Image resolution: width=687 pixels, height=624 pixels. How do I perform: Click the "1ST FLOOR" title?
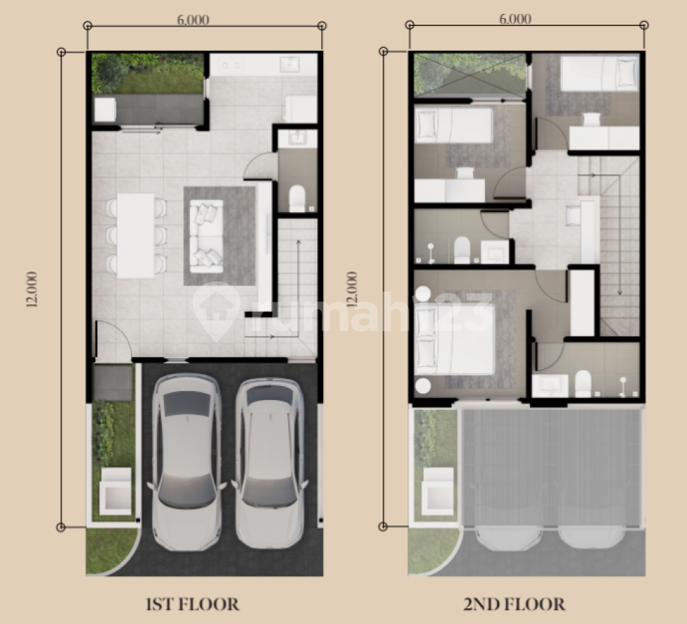[192, 604]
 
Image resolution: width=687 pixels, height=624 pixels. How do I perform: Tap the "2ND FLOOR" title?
[515, 604]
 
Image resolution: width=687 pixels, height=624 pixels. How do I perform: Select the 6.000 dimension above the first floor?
[193, 20]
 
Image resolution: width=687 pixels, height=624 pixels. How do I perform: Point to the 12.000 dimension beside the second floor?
[352, 288]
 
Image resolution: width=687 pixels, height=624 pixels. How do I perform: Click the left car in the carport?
[186, 462]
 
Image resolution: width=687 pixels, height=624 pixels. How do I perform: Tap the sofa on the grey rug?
[206, 236]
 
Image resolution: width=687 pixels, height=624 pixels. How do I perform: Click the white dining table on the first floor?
[136, 236]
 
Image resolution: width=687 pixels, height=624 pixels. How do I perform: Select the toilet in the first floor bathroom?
[297, 198]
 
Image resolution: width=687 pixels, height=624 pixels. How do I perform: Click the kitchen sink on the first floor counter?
[290, 64]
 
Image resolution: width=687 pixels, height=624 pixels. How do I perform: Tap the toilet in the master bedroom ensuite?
[583, 383]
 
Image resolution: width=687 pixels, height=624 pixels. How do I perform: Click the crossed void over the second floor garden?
[470, 74]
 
